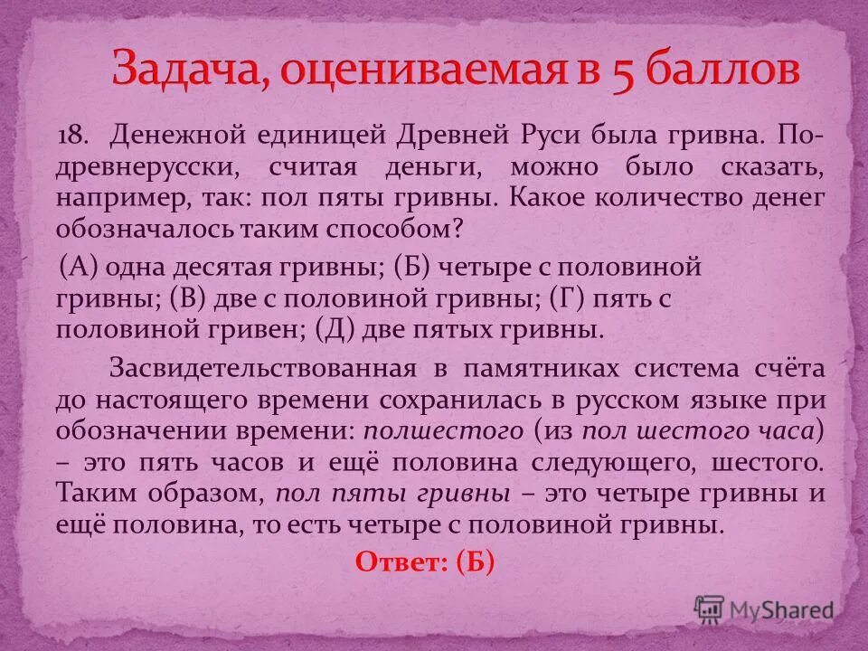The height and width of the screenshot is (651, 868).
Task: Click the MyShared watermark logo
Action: [764, 608]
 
